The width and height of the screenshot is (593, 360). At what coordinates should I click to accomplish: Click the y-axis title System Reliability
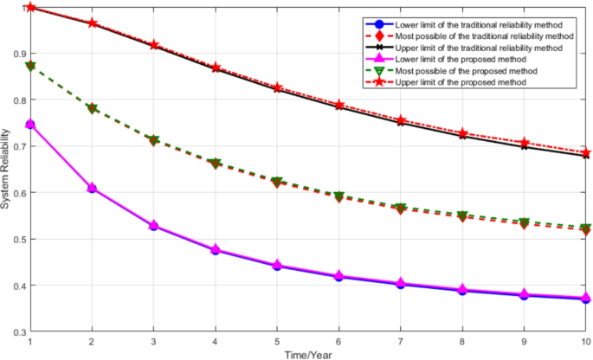tap(6, 169)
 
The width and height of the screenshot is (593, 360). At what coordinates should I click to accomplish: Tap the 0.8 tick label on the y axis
tap(16, 100)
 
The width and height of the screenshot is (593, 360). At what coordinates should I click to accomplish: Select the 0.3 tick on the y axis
tap(16, 331)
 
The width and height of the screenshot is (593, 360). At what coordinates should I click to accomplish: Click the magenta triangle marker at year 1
tap(30, 124)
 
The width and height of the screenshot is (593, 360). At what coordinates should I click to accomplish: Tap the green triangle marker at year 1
tap(30, 66)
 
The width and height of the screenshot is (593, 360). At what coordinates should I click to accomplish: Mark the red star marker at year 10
tap(586, 152)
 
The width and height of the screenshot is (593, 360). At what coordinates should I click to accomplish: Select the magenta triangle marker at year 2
tap(92, 188)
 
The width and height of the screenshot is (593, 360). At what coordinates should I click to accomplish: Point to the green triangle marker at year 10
tap(586, 228)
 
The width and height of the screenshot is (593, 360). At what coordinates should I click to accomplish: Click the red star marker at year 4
tap(216, 67)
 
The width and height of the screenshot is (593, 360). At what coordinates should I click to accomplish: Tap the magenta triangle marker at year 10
tap(586, 298)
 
